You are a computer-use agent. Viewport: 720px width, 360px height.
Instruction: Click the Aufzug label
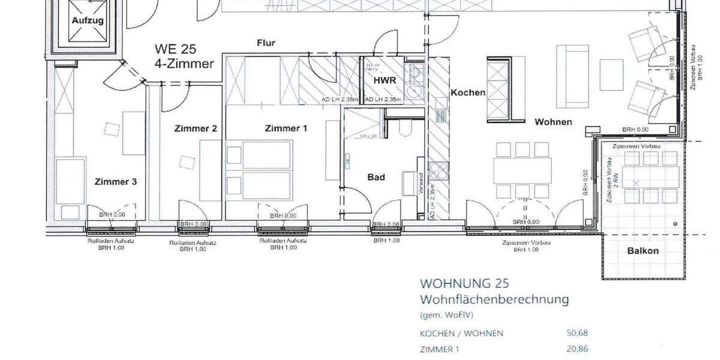pos(88,20)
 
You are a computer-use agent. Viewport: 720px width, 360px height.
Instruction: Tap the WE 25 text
pos(175,49)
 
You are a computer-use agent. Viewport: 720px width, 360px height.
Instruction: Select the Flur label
pos(266,43)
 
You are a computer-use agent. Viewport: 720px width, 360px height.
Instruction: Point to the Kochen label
pos(468,93)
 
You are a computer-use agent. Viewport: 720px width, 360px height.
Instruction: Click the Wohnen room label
pos(553,122)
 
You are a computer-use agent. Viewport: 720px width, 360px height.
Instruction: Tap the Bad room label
pos(376,177)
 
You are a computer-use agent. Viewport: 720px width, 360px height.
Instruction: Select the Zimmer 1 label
pos(286,128)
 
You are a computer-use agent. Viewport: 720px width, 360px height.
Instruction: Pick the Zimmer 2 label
pos(195,128)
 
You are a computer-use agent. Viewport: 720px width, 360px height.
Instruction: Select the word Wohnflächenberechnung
pos(494,299)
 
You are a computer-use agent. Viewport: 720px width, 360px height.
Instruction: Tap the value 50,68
pos(577,333)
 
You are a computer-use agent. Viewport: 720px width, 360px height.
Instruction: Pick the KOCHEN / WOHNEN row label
pos(461,333)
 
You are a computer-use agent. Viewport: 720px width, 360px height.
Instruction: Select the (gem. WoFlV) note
pos(442,314)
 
